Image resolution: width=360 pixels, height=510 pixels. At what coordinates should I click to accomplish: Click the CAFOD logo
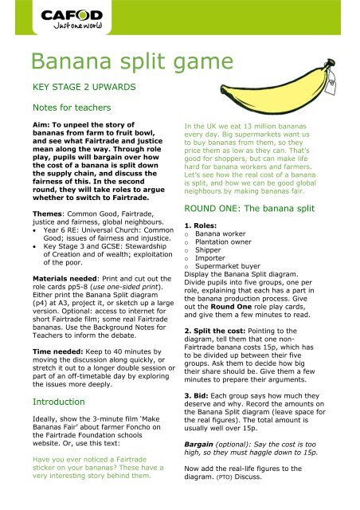(x=72, y=19)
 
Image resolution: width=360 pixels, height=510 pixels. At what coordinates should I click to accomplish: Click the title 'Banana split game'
(x=132, y=61)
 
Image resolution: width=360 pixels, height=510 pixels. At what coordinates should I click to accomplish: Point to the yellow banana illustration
(x=277, y=88)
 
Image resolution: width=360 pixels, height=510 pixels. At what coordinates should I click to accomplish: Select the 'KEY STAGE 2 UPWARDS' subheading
(x=84, y=87)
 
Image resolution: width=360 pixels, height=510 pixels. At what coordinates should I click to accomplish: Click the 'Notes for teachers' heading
(x=72, y=108)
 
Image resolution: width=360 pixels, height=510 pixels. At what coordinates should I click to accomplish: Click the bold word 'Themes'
(x=48, y=214)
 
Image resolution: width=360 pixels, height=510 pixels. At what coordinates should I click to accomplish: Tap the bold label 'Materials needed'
(x=65, y=279)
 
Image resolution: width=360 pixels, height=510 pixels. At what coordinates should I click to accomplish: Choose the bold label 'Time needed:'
(x=58, y=351)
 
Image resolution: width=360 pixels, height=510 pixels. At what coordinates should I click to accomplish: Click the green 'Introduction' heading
(x=58, y=402)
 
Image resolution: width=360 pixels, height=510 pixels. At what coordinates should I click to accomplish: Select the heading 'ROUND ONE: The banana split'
(x=249, y=209)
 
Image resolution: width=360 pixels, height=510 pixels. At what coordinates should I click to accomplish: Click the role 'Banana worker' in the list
(x=220, y=233)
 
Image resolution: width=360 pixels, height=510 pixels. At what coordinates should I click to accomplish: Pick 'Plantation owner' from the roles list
(x=223, y=241)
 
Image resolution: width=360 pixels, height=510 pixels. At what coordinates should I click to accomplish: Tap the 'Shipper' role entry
(x=208, y=249)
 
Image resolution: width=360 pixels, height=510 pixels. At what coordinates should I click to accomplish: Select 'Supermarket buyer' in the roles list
(x=228, y=266)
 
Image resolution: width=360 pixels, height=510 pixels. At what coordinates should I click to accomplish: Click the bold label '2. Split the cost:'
(x=214, y=331)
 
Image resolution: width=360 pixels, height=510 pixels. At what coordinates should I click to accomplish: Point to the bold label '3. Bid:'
(x=196, y=396)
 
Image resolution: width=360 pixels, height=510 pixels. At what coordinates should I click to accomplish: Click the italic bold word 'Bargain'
(x=198, y=445)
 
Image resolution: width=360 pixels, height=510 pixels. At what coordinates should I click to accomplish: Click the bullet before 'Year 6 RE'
(x=35, y=230)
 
